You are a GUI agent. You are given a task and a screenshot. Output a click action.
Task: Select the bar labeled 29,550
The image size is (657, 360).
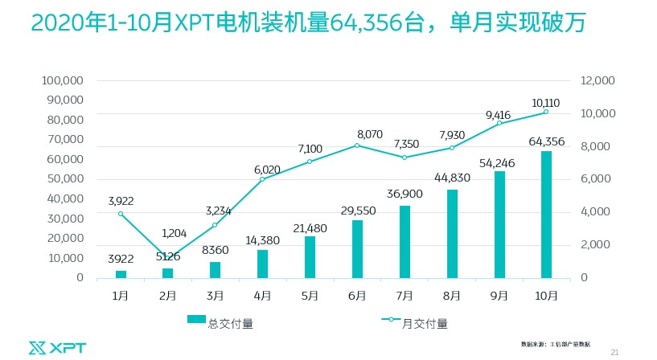357,249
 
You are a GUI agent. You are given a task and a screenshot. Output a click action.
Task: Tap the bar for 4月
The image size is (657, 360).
262,264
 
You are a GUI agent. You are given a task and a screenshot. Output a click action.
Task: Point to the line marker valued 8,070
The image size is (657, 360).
357,145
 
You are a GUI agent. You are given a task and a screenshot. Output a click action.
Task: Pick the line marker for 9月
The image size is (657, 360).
499,123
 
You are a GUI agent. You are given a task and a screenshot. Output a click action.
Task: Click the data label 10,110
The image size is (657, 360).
546,102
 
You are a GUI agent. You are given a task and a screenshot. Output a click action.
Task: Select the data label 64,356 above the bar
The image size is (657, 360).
546,141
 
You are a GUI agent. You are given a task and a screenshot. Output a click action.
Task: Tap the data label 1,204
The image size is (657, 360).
174,233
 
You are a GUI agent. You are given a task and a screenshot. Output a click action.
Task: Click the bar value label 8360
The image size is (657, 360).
215,251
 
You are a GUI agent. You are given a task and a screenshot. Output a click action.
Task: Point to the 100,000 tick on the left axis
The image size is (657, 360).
63,81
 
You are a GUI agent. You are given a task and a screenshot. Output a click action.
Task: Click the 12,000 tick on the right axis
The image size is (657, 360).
596,81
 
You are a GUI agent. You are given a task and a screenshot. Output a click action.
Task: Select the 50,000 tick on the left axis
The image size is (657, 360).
66,179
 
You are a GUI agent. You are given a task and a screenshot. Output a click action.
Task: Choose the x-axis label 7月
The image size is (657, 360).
404,296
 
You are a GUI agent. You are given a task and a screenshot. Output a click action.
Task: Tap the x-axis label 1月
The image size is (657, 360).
120,296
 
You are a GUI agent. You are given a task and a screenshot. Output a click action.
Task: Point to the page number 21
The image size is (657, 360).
616,351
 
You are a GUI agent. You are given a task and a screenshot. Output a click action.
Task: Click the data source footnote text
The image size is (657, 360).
555,343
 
